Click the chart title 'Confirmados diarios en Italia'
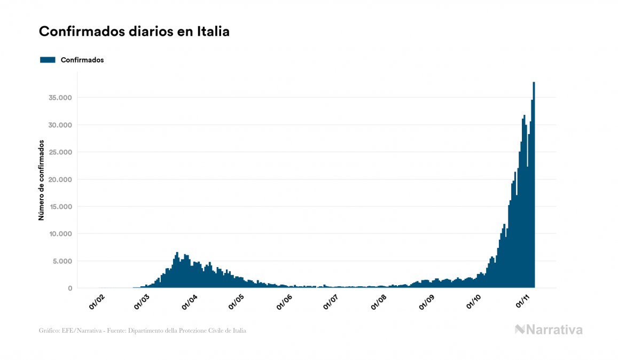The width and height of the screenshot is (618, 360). [134, 32]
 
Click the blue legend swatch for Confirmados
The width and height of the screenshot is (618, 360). [48, 60]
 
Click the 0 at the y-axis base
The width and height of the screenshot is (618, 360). [69, 288]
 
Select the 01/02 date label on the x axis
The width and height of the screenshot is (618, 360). [97, 302]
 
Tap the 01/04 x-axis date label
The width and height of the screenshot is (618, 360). [190, 302]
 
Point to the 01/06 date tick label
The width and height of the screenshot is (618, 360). [284, 302]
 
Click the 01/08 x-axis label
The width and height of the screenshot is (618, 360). [379, 302]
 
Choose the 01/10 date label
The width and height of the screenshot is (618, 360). [473, 302]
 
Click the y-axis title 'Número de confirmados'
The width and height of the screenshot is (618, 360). [41, 180]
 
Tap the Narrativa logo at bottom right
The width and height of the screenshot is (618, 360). [549, 330]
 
